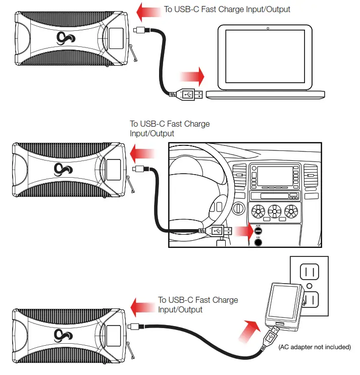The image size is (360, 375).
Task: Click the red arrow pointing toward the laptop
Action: pos(193,77)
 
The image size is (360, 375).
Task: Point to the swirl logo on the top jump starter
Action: pos(64,38)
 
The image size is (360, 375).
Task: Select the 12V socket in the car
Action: pos(259,241)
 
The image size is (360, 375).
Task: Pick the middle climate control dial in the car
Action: pos(275,209)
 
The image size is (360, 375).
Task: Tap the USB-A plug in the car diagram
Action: pos(217,231)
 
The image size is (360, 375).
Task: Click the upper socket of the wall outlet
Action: pos(310,273)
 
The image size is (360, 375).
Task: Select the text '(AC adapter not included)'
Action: pos(314,347)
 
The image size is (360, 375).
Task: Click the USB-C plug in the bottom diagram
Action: pos(135,326)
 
